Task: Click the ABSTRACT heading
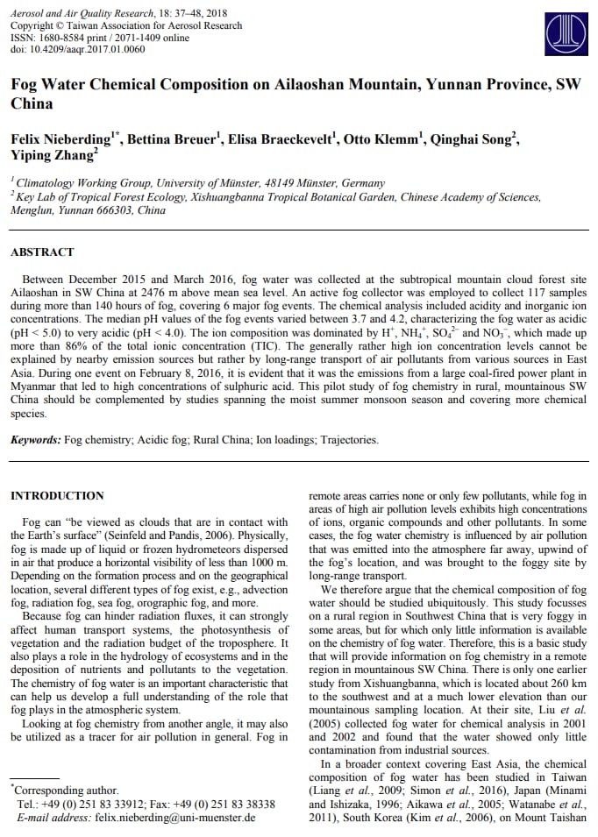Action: [x=42, y=252]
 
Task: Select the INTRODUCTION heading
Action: [x=57, y=496]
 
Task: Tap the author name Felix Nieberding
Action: [x=59, y=140]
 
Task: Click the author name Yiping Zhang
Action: [x=53, y=156]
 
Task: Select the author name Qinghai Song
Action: [x=472, y=140]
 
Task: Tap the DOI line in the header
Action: [x=77, y=49]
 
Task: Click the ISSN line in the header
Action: [x=100, y=38]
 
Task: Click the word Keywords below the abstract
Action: [x=36, y=440]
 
